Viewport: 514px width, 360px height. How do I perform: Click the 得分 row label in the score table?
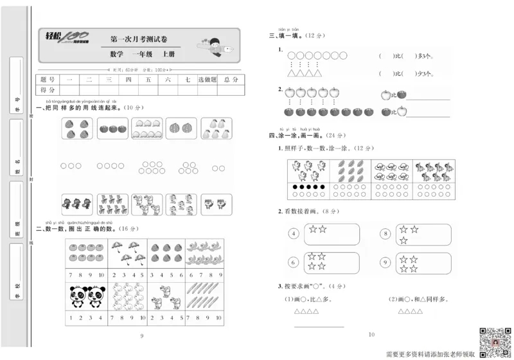48,90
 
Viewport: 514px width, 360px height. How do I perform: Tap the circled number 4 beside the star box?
294,234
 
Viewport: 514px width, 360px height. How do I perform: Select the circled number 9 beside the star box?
384,262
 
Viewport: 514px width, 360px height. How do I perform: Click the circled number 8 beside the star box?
384,234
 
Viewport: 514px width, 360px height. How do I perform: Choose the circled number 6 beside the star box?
294,262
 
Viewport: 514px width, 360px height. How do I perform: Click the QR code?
495,338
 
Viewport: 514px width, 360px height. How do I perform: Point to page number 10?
371,334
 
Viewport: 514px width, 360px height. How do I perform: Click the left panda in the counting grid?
76,295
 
